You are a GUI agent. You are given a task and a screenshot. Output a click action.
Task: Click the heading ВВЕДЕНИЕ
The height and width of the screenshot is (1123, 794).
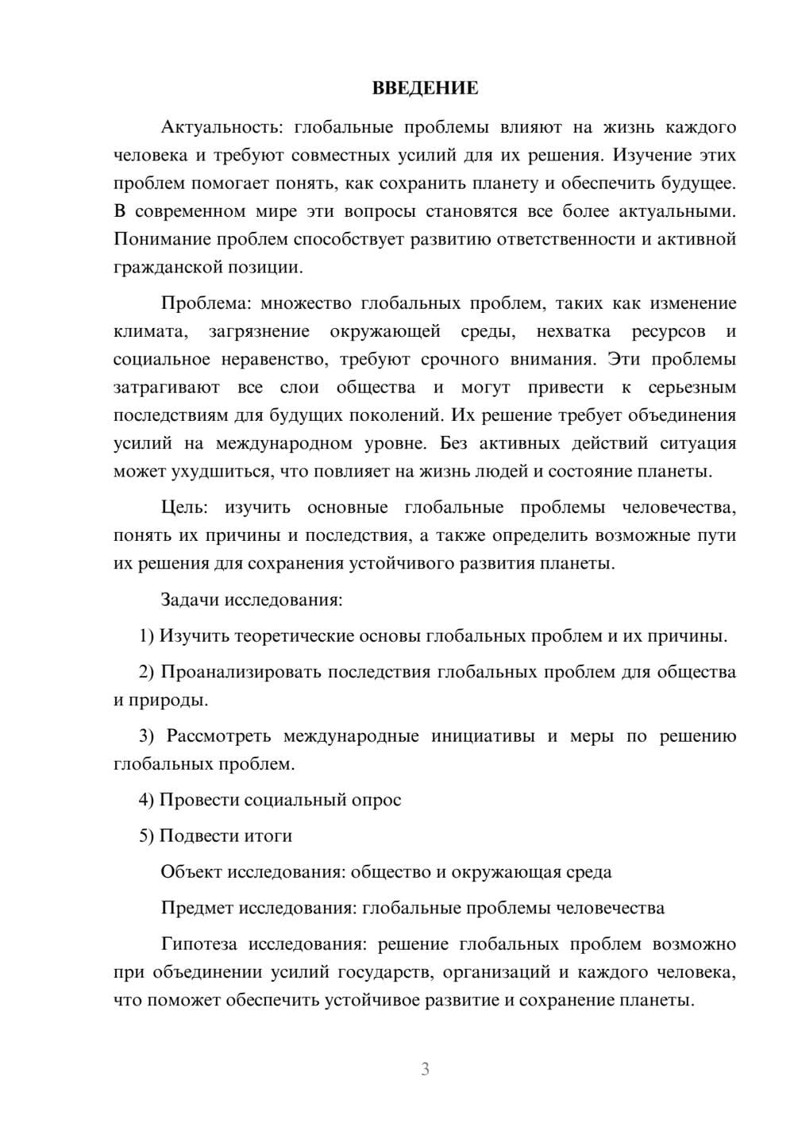coord(425,88)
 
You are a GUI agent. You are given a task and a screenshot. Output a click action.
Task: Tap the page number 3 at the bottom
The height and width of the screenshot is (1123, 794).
coord(425,1069)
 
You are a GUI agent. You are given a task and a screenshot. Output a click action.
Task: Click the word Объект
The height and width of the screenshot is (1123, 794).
coord(191,872)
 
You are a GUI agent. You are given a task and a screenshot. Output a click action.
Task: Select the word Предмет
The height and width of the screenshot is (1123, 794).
coord(196,908)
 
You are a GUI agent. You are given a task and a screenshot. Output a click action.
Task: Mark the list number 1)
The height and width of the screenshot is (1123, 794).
coord(147,636)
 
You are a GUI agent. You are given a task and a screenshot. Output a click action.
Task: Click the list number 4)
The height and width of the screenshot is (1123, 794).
coord(147,800)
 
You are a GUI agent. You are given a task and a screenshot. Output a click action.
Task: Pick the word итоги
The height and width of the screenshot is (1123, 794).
coord(268,835)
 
